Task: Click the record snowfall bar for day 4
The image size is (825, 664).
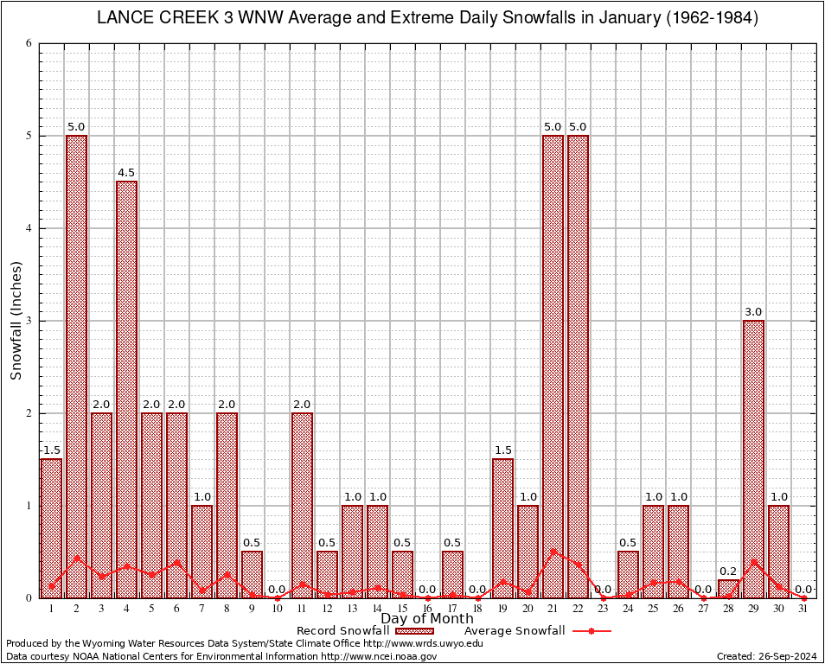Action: point(126,389)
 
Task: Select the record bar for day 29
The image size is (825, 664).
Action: point(753,458)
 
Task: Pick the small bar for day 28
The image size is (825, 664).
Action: point(728,589)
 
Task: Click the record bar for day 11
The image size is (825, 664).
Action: point(302,505)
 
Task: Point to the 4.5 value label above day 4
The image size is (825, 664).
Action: point(126,173)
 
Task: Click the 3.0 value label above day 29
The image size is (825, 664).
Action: point(753,312)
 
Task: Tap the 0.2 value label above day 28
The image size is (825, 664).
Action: point(728,571)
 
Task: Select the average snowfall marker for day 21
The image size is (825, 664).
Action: point(553,551)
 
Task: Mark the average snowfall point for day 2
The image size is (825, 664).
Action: point(76,558)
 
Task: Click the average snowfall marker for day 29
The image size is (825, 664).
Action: point(753,561)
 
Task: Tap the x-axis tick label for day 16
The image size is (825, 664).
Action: point(427,609)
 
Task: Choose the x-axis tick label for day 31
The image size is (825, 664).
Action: point(803,609)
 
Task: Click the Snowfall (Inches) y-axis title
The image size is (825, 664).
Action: point(16,321)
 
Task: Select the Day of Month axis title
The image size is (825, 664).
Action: point(426,619)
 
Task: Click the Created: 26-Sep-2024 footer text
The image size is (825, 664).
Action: point(766,656)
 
